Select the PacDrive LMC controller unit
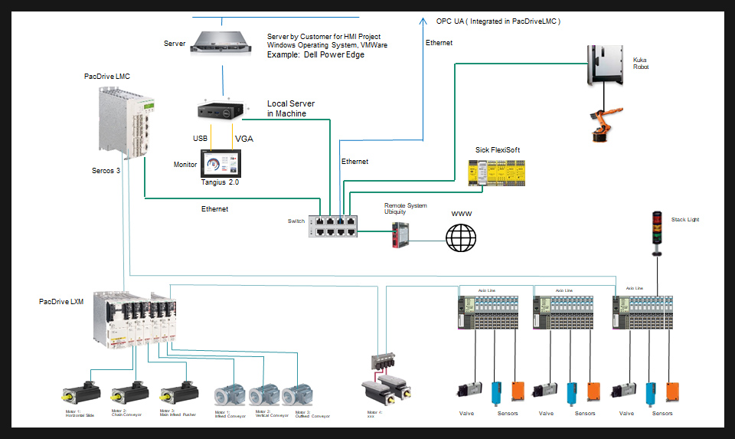[x=122, y=120]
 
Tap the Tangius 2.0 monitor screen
[x=220, y=164]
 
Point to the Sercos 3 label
[x=106, y=170]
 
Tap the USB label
[x=200, y=139]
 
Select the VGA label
[x=243, y=139]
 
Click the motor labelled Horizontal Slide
[x=81, y=393]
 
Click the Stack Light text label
[x=684, y=220]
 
